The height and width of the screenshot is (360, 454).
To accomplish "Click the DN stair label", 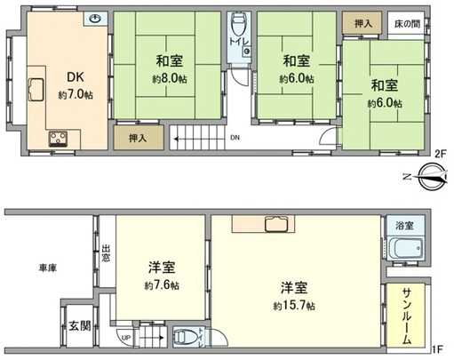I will click(x=235, y=138).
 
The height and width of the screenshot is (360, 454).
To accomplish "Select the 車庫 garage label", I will click(x=48, y=268).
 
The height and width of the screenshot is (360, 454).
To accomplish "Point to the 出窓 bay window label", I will click(x=106, y=253).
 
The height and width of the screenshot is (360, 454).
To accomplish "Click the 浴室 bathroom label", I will click(x=407, y=225).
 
